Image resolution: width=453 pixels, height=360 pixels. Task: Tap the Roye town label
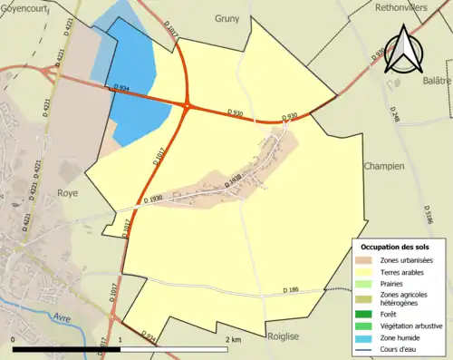[x=66, y=193]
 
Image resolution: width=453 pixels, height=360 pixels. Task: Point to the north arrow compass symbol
[x=400, y=51]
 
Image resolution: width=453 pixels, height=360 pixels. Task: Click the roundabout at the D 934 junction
[x=186, y=106]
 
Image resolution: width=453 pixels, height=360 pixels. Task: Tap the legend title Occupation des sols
[x=395, y=247]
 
